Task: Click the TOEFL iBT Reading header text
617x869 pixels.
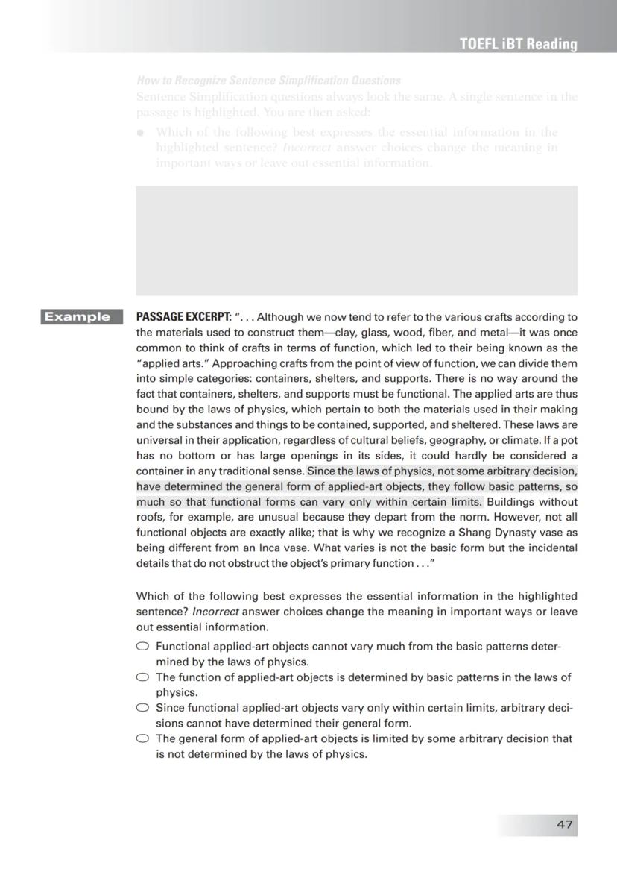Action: pos(519,44)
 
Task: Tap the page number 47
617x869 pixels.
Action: pos(564,824)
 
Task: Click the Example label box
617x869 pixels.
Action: pos(81,317)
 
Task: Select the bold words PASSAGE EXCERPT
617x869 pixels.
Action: pos(183,317)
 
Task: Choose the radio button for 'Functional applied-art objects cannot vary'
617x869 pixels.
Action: pos(142,647)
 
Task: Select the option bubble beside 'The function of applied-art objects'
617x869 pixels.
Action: pos(142,677)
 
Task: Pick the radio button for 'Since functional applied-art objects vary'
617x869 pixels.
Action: pos(142,708)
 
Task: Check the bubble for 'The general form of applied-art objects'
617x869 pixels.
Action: pos(142,738)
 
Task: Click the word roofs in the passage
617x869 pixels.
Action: pos(149,517)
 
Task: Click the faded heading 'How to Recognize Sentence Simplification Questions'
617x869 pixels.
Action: pos(268,80)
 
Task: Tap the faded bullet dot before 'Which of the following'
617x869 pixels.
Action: pos(140,133)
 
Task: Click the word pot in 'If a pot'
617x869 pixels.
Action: pos(568,440)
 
